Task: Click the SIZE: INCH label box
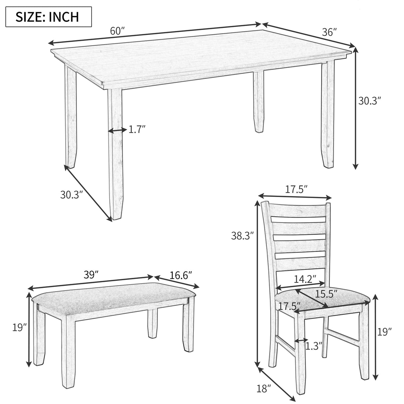(x=49, y=16)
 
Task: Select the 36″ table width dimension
(x=329, y=32)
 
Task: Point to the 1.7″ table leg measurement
(x=137, y=129)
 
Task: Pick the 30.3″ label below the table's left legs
(x=71, y=194)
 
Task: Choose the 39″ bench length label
(x=92, y=275)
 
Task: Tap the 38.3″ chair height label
(x=243, y=236)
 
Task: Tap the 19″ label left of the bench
(x=19, y=327)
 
